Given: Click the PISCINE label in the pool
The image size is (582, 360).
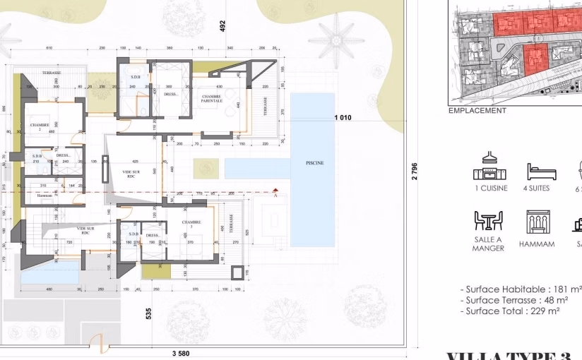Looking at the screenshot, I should coord(314,163).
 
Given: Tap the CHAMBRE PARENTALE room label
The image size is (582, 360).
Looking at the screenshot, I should coord(212,99).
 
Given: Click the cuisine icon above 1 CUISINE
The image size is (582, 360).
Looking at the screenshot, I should coord(490,166).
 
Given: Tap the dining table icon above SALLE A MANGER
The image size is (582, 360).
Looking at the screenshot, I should coord(488,222).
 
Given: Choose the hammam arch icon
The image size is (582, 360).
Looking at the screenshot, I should coord(537,222).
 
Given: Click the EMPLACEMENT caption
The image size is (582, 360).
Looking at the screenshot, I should coord(477,111).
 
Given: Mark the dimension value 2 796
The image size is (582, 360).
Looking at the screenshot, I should coord(415,172).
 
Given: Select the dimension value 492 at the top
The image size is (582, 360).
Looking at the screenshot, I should coord(222,26).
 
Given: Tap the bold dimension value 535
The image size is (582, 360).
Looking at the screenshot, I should coord(149,313).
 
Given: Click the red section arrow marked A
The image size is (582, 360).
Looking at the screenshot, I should coord(276,190).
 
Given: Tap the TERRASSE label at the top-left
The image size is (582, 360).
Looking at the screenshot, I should coord(51,73).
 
